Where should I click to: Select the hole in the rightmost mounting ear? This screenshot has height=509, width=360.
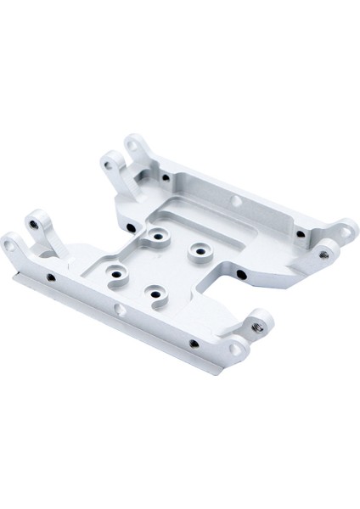click(346, 227)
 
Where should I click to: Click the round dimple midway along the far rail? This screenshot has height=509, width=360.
click(235, 202)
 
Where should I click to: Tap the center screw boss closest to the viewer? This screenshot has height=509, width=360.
click(155, 293)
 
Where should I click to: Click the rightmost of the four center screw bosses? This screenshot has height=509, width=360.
click(200, 249)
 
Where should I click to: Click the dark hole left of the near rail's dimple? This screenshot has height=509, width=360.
click(51, 277)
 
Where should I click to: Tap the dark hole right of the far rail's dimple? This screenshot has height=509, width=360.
click(299, 234)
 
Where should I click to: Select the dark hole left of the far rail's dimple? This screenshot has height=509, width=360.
click(162, 176)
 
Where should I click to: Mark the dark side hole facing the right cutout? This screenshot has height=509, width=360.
click(241, 275)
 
